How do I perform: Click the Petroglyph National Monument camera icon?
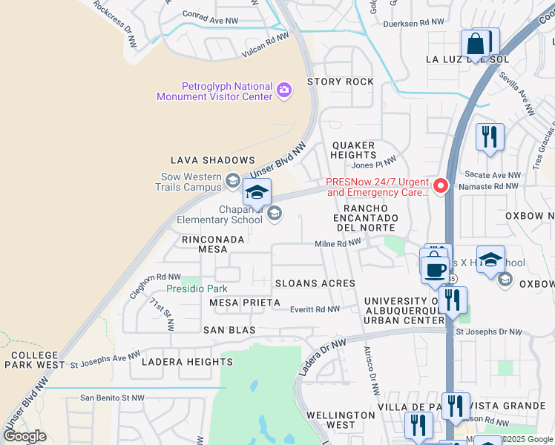pyautogui.click(x=283, y=90)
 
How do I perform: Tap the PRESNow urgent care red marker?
pyautogui.click(x=441, y=185)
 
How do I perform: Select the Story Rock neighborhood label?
pyautogui.click(x=340, y=82)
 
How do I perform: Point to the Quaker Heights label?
pyautogui.click(x=354, y=150)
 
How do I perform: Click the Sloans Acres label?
pyautogui.click(x=315, y=283)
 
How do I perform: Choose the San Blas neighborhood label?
pyautogui.click(x=230, y=329)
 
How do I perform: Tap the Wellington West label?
pyautogui.click(x=341, y=420)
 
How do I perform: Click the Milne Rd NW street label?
pyautogui.click(x=338, y=243)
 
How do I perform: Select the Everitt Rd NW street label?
pyautogui.click(x=315, y=309)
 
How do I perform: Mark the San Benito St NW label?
pyautogui.click(x=112, y=398)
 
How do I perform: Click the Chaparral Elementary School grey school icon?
pyautogui.click(x=275, y=214)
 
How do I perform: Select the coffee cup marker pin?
pyautogui.click(x=435, y=268)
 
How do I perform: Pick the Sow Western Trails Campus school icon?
pyautogui.click(x=233, y=181)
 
